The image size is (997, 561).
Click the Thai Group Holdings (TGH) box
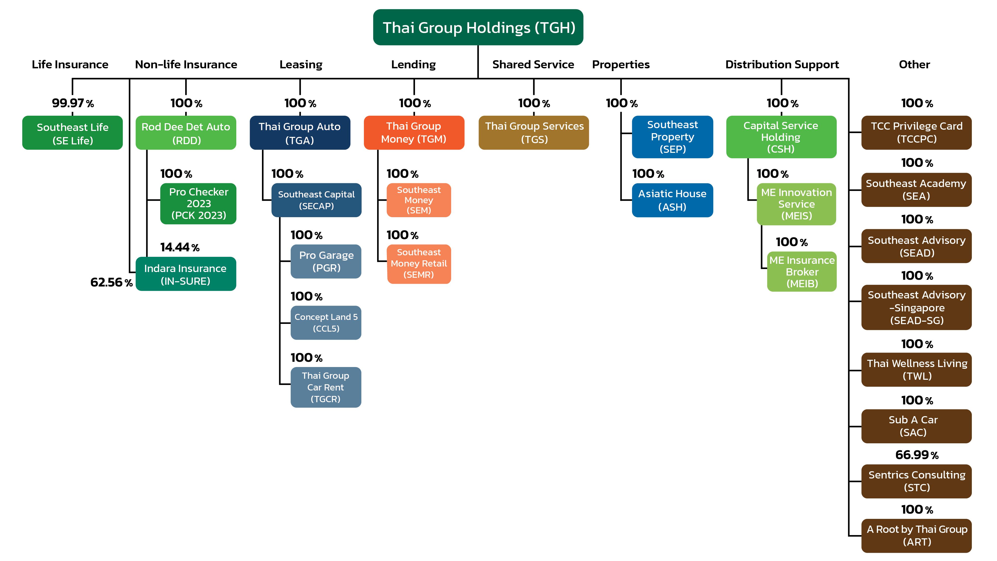pyautogui.click(x=478, y=27)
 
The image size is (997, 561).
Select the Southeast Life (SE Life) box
pyautogui.click(x=72, y=133)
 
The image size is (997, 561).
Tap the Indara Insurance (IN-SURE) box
pyautogui.click(x=186, y=274)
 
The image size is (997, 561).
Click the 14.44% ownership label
pyautogui.click(x=179, y=247)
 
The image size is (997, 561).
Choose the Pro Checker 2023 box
pyautogui.click(x=198, y=204)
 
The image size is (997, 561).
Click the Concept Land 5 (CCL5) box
pyautogui.click(x=326, y=322)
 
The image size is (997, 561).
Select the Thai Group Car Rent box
pyautogui.click(x=326, y=387)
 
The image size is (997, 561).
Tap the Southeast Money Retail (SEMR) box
pyautogui.click(x=419, y=264)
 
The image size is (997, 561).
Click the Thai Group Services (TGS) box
pyautogui.click(x=534, y=132)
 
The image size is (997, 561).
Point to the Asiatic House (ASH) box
pyautogui.click(x=672, y=200)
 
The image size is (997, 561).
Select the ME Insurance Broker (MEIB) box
pyautogui.click(x=802, y=272)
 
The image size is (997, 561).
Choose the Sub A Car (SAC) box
pyautogui.click(x=916, y=426)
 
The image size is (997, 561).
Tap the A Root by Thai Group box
pyautogui.click(x=916, y=536)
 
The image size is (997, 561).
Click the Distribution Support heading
pyautogui.click(x=782, y=64)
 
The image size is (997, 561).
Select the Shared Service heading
pyautogui.click(x=533, y=64)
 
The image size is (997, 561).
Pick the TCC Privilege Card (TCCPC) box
pyautogui.click(x=916, y=132)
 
